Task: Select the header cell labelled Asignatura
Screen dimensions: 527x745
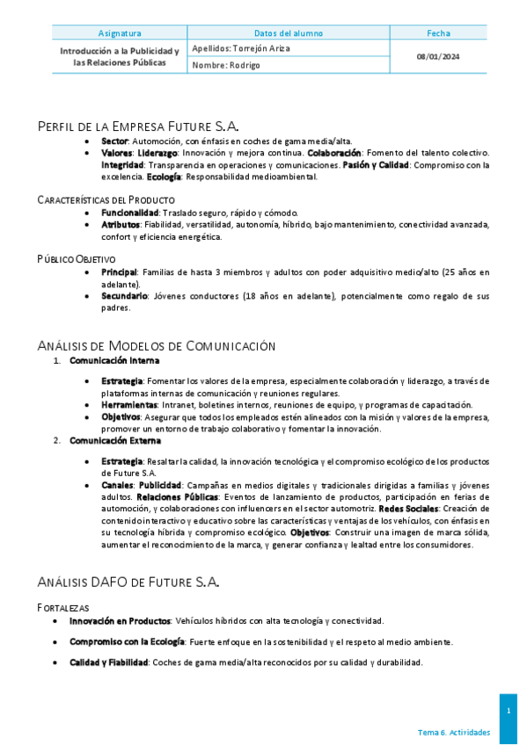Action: pos(120,33)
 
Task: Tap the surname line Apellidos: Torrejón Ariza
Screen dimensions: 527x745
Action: pos(240,49)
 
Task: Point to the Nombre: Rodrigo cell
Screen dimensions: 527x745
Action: pos(226,66)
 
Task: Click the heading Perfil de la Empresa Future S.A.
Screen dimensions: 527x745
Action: pos(138,127)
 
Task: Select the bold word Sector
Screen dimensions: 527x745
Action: pos(114,141)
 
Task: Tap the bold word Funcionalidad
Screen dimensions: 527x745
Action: pos(130,213)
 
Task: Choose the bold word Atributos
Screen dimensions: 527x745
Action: pos(121,225)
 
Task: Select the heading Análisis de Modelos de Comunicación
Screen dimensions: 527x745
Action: pos(157,345)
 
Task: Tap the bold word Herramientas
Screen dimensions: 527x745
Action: pos(128,405)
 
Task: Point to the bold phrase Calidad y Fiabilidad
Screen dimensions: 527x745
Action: pos(108,662)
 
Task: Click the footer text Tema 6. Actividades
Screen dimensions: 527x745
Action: pos(454,733)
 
